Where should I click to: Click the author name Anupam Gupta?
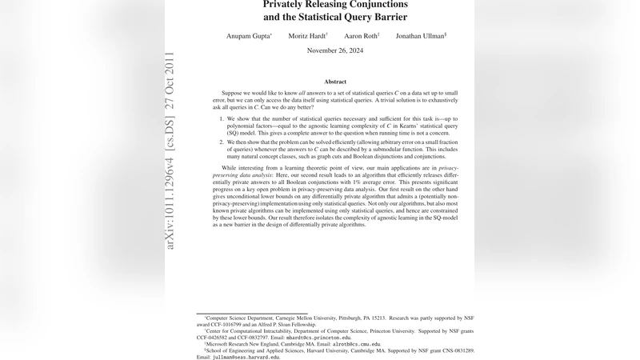[248, 36]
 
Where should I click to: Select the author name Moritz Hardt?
[307, 36]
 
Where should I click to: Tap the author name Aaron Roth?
[361, 36]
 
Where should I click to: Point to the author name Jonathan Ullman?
[420, 36]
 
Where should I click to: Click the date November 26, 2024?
[335, 50]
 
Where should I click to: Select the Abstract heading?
[335, 82]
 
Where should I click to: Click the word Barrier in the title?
[387, 17]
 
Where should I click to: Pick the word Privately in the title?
[291, 4]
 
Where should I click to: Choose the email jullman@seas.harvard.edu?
[246, 357]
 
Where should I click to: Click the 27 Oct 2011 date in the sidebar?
[170, 81]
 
